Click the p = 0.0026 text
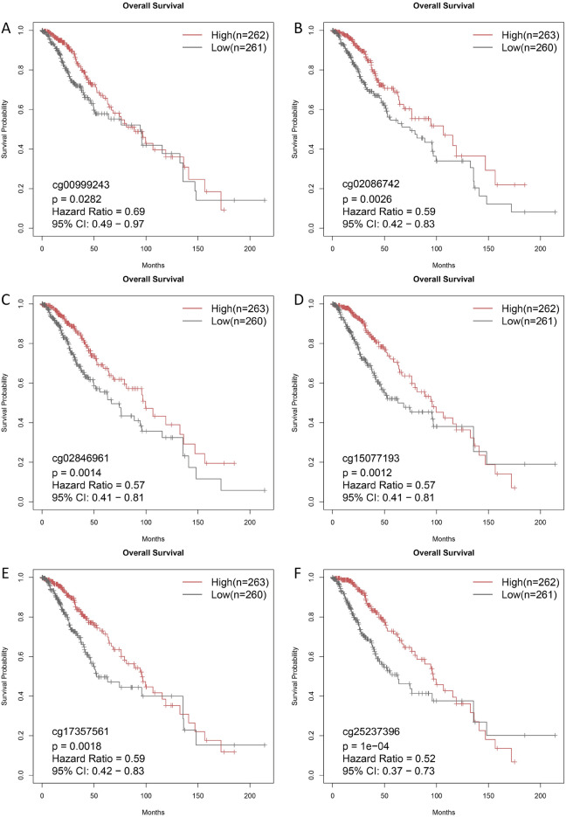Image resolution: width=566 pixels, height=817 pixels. click(x=369, y=199)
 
